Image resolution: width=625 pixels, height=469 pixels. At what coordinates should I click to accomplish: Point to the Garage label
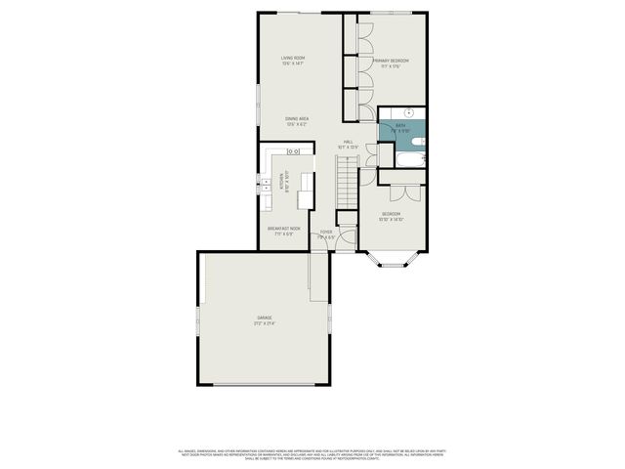tap(265, 320)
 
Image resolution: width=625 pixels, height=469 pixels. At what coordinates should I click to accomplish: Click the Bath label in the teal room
tap(400, 126)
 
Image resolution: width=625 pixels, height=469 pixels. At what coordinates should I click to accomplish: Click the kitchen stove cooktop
tap(292, 151)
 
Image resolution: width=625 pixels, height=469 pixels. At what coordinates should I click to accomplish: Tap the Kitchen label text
tap(282, 181)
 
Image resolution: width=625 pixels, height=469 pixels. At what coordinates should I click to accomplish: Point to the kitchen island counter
tap(306, 190)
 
